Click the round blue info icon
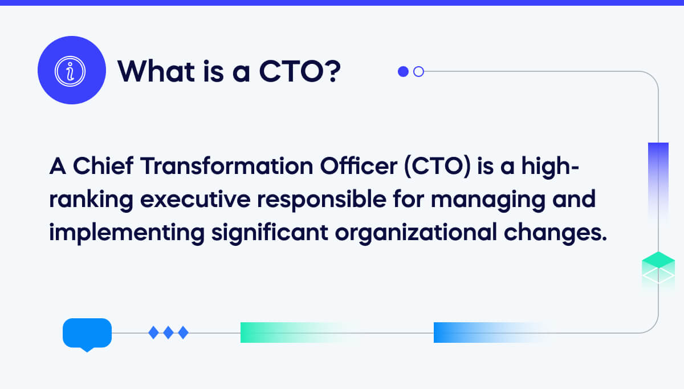[72, 70]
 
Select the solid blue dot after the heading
[403, 71]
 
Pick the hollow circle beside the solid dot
[418, 71]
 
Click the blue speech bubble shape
[87, 333]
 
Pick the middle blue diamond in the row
[168, 332]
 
